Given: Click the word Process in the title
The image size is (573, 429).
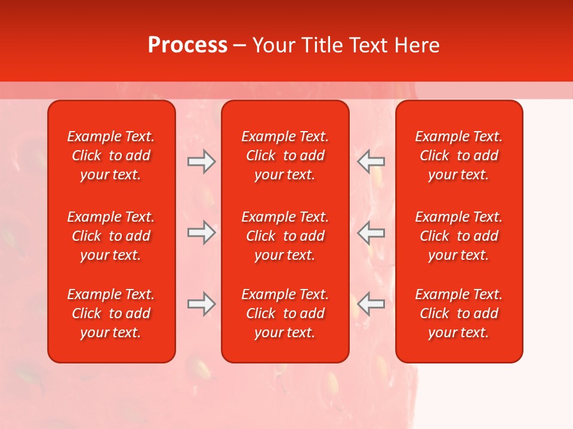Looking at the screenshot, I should [x=187, y=45].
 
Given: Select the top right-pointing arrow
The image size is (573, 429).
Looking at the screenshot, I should [x=202, y=161].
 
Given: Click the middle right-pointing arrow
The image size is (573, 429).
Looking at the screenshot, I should [x=202, y=232].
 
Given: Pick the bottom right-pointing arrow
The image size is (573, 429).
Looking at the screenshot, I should [x=202, y=304].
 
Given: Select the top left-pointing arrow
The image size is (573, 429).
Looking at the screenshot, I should [x=371, y=161].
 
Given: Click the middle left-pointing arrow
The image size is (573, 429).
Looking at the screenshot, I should [x=371, y=232].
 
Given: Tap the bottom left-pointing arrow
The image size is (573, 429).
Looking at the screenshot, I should [x=371, y=304].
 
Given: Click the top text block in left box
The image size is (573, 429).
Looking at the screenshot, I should [x=111, y=156].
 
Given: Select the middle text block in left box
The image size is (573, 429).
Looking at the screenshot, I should [x=111, y=236].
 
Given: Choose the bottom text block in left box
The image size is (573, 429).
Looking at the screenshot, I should [x=111, y=313].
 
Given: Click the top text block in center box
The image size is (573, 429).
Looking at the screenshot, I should [x=285, y=156].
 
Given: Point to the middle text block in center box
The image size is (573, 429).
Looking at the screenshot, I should [x=285, y=236].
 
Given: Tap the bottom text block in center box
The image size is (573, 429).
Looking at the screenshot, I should [x=285, y=313].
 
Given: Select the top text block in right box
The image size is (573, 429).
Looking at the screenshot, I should [x=459, y=156].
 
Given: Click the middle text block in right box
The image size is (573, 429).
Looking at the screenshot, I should [x=459, y=236].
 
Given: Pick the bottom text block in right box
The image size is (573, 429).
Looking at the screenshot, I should [x=459, y=313].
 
